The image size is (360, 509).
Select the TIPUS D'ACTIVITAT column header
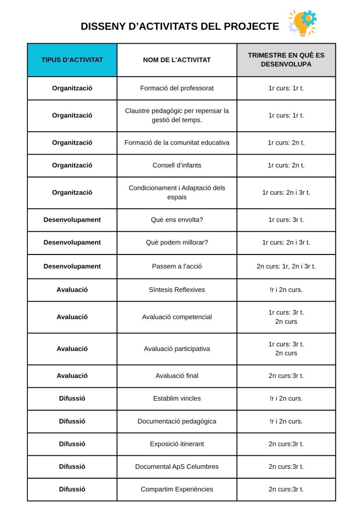(72, 60)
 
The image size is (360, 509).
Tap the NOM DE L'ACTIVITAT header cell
(177, 60)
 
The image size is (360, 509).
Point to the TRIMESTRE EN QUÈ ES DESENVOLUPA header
(286, 60)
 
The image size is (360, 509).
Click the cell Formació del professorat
(177, 88)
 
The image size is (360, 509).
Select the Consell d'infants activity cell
(177, 165)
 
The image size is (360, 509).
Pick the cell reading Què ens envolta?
(177, 219)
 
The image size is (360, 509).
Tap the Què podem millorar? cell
(177, 242)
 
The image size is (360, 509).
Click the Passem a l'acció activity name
(177, 266)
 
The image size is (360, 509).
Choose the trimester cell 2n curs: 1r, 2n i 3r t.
(286, 266)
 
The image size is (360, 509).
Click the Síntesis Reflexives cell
(177, 289)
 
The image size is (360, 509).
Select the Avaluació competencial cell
(177, 317)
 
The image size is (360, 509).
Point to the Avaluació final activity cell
(177, 375)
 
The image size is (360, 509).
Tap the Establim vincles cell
(177, 398)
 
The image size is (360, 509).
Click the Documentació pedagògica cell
(177, 421)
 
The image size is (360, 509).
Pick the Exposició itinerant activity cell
(177, 444)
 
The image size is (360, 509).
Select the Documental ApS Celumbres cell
(177, 466)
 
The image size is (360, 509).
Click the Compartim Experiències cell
(177, 489)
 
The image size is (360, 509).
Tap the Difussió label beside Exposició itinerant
(72, 444)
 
